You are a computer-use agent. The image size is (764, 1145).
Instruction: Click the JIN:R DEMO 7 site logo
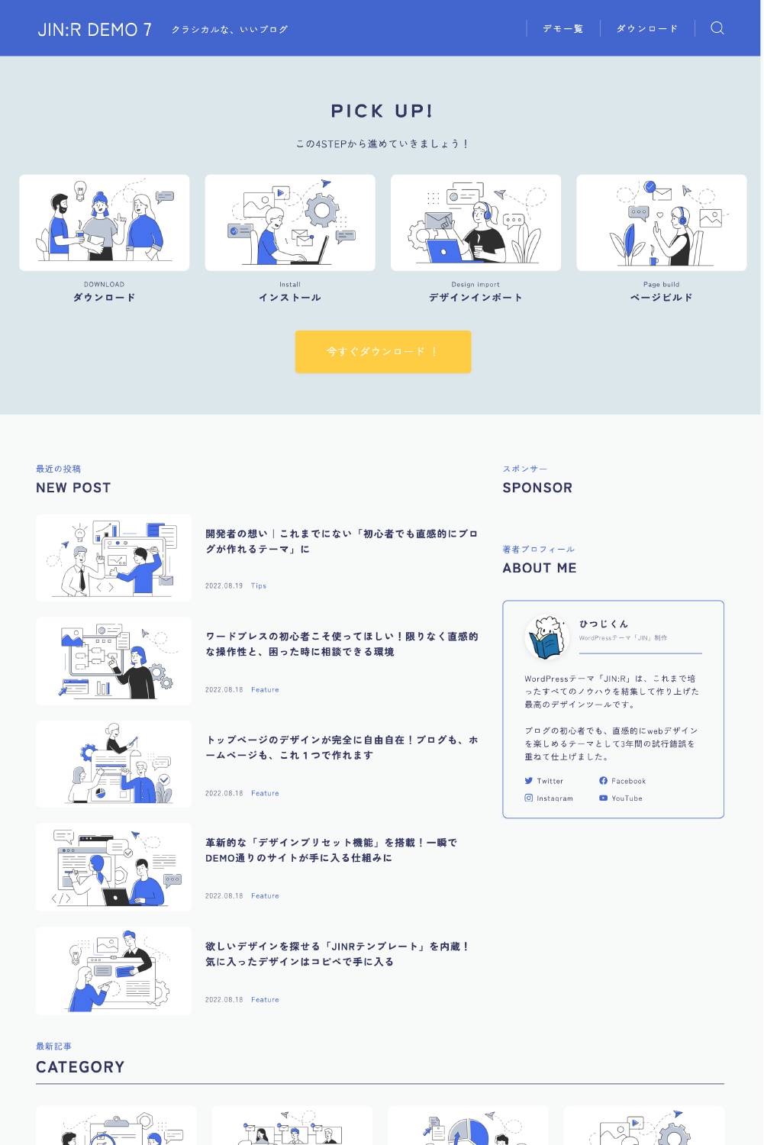click(95, 30)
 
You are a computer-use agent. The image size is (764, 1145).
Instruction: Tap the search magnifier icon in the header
click(717, 28)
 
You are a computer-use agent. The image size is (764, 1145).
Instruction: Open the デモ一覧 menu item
click(563, 29)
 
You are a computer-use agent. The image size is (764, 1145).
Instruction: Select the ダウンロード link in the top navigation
click(647, 29)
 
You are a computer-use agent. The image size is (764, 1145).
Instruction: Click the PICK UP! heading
click(382, 111)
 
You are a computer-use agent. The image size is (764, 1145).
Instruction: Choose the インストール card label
click(290, 298)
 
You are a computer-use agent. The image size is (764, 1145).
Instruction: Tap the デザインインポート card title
click(475, 298)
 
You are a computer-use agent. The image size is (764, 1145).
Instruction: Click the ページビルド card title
click(661, 298)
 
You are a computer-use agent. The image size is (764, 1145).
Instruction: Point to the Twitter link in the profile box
click(543, 781)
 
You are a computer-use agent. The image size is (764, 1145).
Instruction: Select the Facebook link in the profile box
click(623, 781)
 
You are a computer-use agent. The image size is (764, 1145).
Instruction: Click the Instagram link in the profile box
click(549, 798)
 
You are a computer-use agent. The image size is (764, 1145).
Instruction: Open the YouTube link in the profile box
click(621, 798)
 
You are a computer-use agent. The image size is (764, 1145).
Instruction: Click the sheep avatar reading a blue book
click(547, 637)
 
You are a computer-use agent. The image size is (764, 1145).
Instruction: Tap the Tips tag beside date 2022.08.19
click(259, 585)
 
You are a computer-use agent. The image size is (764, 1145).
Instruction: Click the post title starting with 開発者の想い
click(341, 541)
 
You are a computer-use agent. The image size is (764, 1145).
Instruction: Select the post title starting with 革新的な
click(331, 850)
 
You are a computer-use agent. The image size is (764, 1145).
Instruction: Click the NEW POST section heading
click(73, 488)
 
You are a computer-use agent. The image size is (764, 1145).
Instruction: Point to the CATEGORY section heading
click(80, 1067)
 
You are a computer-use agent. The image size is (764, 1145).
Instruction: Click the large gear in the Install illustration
click(322, 210)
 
